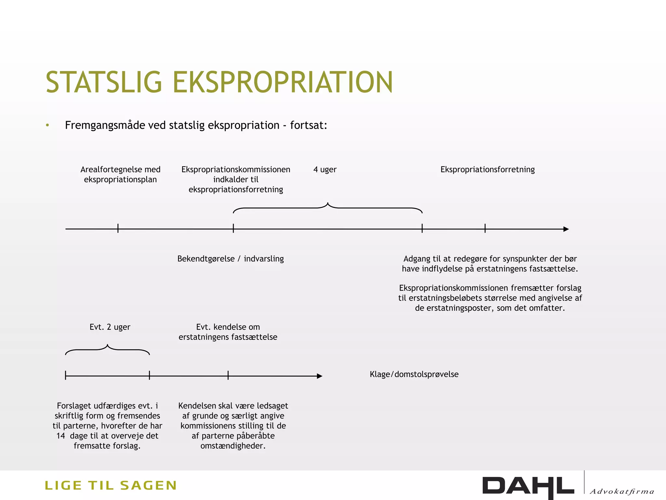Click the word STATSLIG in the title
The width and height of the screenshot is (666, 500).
103,82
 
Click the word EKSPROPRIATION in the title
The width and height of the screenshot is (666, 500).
283,82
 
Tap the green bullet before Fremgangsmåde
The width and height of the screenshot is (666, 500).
47,125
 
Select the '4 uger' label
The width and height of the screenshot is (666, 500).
325,170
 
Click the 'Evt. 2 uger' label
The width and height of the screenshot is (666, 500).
110,327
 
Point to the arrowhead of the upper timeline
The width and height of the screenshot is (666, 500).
566,229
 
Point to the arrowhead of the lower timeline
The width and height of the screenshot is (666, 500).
320,376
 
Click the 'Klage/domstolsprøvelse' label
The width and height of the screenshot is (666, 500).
414,374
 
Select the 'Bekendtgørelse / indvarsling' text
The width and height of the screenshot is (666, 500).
231,259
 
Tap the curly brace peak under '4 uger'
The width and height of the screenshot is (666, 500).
328,204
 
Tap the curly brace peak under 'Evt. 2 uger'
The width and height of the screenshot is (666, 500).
108,345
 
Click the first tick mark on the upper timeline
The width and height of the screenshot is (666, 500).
118,229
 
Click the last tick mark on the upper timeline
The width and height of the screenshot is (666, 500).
485,229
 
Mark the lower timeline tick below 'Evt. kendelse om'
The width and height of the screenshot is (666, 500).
228,376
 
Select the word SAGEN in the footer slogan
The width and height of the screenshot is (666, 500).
148,486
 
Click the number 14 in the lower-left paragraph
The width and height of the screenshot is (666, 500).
61,436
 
